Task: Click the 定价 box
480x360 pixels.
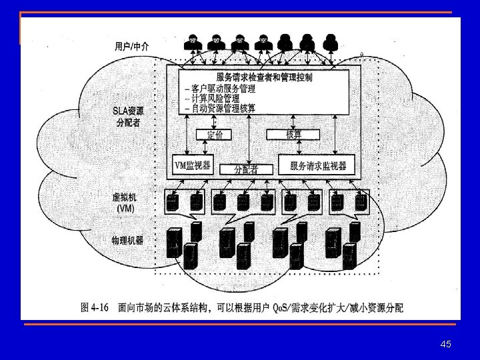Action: coord(215,135)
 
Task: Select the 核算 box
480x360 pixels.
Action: coord(293,134)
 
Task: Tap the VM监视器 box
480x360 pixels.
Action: coord(193,165)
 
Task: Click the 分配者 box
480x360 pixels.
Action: coord(245,169)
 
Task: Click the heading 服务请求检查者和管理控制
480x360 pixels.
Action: coord(265,77)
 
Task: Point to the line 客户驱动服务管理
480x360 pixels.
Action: coord(221,89)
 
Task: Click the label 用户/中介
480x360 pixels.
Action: coord(132,46)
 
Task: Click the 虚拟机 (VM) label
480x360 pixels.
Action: coord(125,203)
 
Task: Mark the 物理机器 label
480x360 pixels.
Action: coord(127,240)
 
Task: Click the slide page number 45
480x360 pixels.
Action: coord(446,344)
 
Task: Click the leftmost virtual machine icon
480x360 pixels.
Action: coord(173,201)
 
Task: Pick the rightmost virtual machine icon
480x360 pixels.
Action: coord(361,201)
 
